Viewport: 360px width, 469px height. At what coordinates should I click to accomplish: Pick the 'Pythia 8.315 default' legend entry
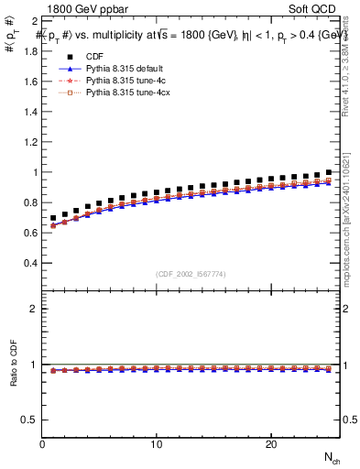click(119, 69)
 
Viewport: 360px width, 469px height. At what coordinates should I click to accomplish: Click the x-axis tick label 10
click(157, 444)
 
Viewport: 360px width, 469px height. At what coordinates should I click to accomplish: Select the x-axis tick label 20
click(270, 444)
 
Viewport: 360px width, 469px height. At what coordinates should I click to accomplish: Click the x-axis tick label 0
click(43, 444)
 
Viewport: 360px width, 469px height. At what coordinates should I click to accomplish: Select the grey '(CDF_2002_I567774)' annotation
click(191, 274)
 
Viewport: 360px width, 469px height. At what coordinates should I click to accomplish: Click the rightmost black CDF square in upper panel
click(329, 172)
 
